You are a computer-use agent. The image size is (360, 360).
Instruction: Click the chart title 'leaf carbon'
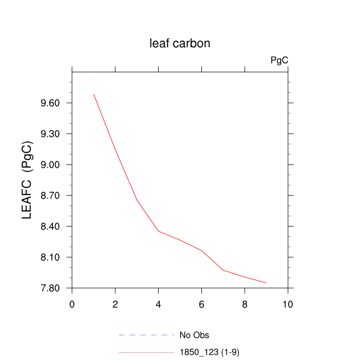pos(179,44)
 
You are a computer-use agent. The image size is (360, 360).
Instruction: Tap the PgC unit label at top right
pos(279,61)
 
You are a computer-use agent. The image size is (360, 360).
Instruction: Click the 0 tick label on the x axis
pos(72,304)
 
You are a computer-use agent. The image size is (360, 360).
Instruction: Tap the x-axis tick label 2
pos(115,304)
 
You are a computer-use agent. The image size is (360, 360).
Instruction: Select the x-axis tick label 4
pos(158,304)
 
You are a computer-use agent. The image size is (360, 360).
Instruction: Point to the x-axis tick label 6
pos(202,304)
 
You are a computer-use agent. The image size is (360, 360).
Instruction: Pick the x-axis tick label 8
pos(245,304)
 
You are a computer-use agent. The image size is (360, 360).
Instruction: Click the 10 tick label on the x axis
pos(288,304)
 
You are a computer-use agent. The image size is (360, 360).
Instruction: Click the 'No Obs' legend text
pos(194,335)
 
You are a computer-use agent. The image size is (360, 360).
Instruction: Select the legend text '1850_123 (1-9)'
pos(209,352)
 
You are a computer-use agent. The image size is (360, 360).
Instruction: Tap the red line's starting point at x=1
pos(94,94)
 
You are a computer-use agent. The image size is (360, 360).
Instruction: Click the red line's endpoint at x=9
pos(266,283)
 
